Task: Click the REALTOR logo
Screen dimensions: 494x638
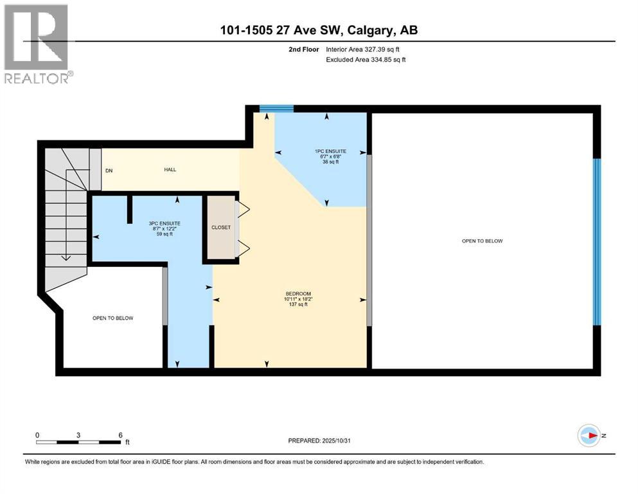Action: coord(37,43)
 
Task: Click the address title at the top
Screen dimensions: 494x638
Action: coord(319,30)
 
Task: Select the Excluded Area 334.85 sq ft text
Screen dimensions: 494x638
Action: coord(366,59)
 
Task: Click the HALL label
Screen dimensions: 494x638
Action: coord(170,170)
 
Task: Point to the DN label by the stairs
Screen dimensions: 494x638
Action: coord(109,170)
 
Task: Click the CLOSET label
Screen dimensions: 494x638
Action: coord(220,227)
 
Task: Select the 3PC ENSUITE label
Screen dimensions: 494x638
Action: coord(157,223)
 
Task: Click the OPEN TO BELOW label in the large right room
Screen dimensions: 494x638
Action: coord(482,241)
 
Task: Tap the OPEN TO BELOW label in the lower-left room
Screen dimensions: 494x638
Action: coord(112,318)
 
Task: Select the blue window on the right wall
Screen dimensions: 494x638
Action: coord(596,241)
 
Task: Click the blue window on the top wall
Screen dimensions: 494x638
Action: coord(276,108)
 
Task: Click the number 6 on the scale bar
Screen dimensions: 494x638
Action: coord(120,435)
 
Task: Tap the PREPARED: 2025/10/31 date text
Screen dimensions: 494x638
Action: coord(319,441)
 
